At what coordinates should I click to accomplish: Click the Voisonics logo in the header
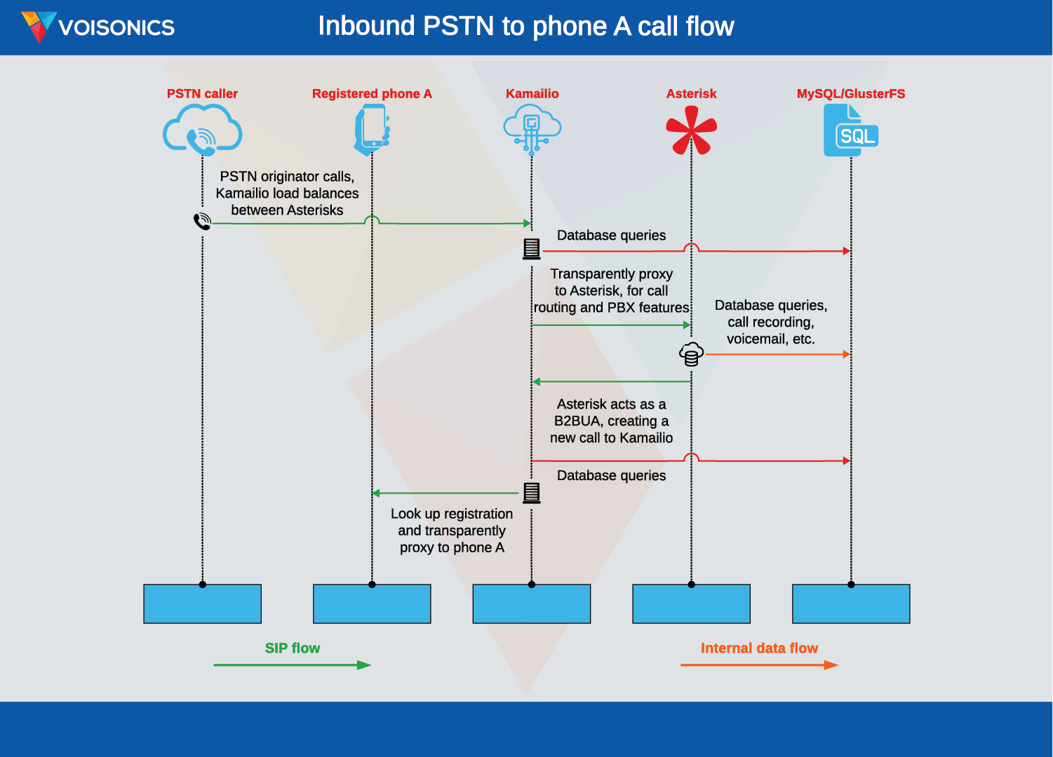[x=98, y=27]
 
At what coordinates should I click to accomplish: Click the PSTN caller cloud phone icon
[x=202, y=130]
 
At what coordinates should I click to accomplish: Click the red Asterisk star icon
[x=691, y=130]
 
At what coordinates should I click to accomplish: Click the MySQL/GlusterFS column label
[x=850, y=94]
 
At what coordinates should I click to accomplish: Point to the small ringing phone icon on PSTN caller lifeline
[x=202, y=221]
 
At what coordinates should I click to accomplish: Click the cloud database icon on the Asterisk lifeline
[x=691, y=354]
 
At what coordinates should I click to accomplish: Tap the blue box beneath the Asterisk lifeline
[x=691, y=603]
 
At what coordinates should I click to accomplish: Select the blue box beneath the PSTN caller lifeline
[x=202, y=603]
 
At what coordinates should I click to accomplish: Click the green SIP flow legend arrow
[x=292, y=664]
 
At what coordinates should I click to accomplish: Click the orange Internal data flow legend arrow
[x=759, y=664]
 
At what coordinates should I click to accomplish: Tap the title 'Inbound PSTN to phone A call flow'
[x=525, y=27]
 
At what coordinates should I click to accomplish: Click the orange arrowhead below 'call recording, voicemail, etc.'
[x=846, y=355]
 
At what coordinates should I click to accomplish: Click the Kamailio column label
[x=532, y=94]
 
